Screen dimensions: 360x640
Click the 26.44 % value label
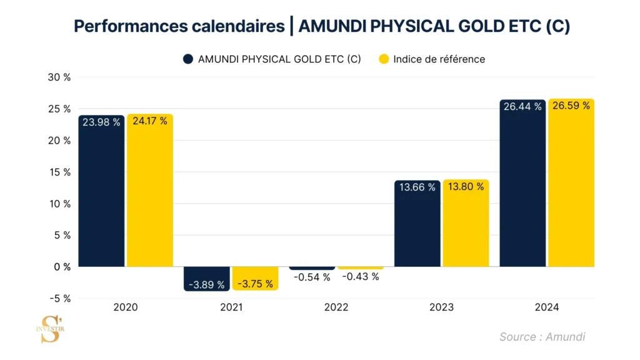pos(522,107)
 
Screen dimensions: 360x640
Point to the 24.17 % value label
pos(150,121)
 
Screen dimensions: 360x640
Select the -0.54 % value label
pos(312,277)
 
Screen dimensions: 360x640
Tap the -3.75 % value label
pos(256,284)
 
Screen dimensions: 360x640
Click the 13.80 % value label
pos(466,186)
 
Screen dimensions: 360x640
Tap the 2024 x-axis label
pos(547,307)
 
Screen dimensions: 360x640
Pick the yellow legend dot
pos(384,59)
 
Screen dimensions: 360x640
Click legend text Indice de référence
pos(439,59)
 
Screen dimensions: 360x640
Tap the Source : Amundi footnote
pos(542,337)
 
